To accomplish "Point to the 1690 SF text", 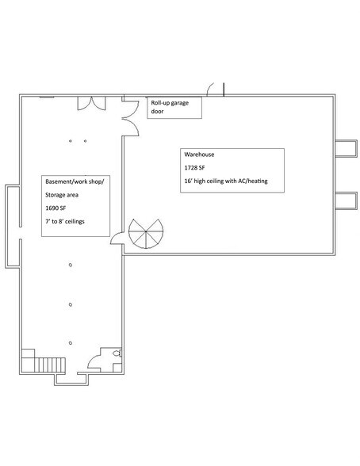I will click(x=57, y=207).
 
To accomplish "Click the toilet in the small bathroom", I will click(x=117, y=354).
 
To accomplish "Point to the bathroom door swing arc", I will click(x=94, y=363).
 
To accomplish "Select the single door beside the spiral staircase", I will click(x=116, y=238).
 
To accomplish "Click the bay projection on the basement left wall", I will click(x=11, y=226).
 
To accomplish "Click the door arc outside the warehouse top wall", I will click(x=215, y=88).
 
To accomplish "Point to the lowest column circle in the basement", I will click(x=71, y=342).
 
